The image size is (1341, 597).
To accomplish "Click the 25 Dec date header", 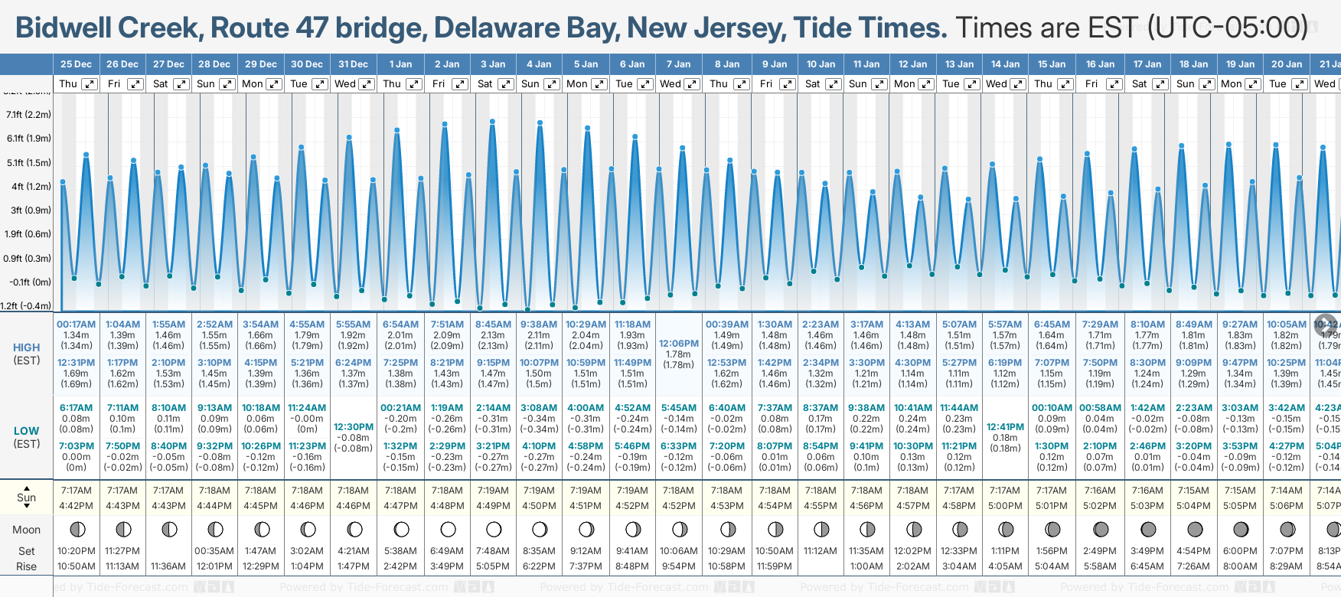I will click(x=76, y=64).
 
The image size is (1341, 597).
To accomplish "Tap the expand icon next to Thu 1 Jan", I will click(x=413, y=84).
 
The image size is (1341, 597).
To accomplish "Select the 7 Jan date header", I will click(x=678, y=64).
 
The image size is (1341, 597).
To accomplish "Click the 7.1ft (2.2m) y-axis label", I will click(x=28, y=115).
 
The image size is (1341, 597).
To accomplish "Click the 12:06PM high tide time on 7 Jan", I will click(x=679, y=344).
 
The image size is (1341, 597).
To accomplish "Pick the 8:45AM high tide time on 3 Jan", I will click(x=493, y=325).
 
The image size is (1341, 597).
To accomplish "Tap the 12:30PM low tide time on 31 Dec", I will click(x=354, y=427).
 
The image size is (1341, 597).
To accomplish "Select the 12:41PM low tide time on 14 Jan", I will click(x=1005, y=427).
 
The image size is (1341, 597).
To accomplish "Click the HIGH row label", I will click(x=27, y=347).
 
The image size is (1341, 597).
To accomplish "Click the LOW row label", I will click(x=27, y=431).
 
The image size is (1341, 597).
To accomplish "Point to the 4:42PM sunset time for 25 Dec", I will click(x=76, y=506).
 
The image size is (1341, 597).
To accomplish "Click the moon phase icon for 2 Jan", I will click(x=448, y=529).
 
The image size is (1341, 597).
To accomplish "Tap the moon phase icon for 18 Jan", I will click(x=1194, y=529).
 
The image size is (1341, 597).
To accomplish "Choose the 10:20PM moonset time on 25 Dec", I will click(x=76, y=551).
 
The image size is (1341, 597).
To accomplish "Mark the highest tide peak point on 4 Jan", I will click(x=540, y=122).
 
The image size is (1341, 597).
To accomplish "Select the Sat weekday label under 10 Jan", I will click(x=812, y=84).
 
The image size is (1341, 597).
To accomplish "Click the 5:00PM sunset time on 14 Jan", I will click(x=1005, y=506).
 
